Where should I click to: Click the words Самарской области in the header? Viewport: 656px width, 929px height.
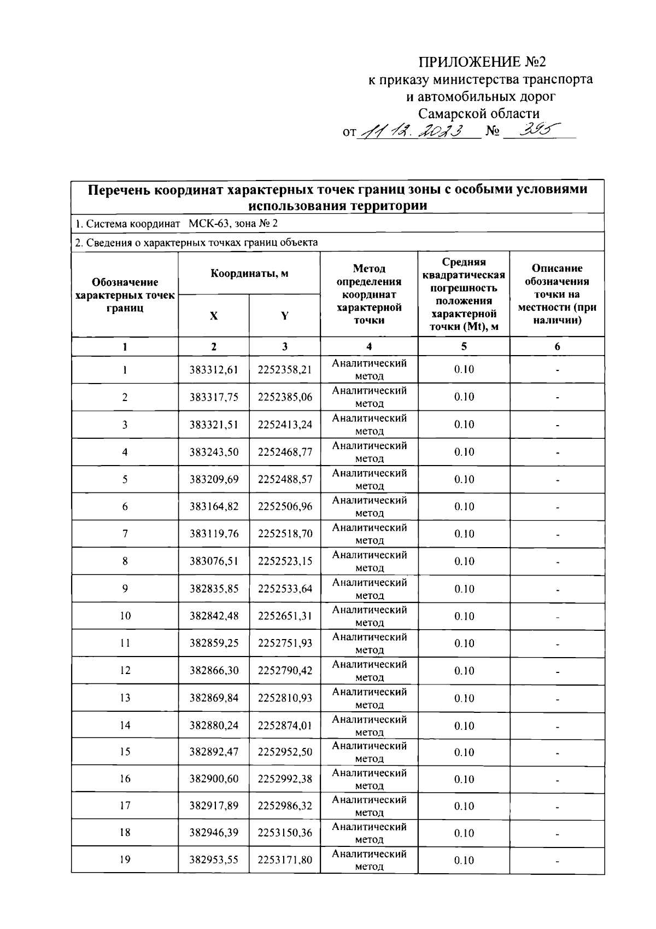tap(479, 114)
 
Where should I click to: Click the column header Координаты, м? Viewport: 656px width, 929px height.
tap(249, 274)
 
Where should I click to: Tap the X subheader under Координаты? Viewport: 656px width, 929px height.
tap(214, 316)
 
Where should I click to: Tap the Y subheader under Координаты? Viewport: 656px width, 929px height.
tap(285, 316)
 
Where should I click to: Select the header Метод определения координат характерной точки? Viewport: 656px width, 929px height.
tap(369, 294)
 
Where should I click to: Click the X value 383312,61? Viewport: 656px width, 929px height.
tap(214, 370)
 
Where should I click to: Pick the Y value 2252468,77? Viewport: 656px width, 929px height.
tap(285, 452)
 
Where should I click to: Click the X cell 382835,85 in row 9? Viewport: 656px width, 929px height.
tap(214, 589)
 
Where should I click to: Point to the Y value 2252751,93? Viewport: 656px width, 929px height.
tap(285, 643)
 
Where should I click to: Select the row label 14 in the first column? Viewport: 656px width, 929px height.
tap(125, 725)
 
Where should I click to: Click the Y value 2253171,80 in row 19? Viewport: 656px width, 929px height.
tap(285, 860)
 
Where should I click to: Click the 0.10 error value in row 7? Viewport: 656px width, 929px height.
tap(464, 534)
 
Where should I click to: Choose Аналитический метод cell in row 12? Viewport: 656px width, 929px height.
tap(369, 671)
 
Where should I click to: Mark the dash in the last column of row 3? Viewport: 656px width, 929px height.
tap(557, 425)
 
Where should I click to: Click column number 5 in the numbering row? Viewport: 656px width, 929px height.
tap(464, 346)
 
